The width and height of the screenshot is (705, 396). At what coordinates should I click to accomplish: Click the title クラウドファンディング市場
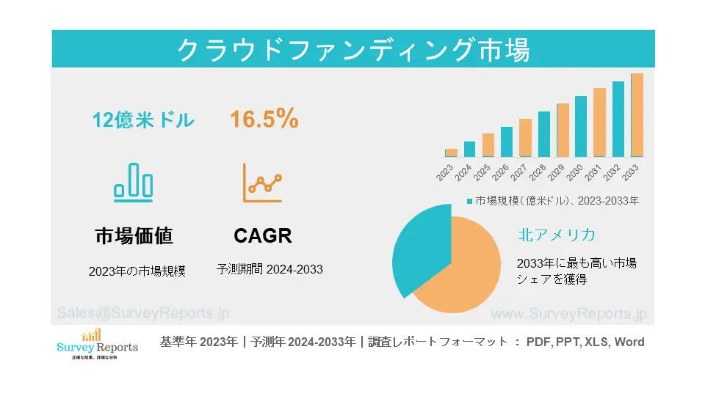coord(353,49)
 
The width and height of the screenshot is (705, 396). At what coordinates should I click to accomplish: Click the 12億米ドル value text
coord(143,120)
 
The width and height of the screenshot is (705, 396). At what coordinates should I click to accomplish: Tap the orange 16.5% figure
coord(264,119)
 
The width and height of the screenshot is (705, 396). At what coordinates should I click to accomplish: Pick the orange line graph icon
coord(262,183)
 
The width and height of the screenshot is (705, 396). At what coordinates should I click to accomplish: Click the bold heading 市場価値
coord(134,235)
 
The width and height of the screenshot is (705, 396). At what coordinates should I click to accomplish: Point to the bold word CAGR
coord(263,235)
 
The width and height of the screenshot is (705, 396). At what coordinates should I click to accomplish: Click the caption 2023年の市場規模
coord(137,271)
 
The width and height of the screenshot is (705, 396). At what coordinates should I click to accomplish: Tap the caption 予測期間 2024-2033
coord(270,269)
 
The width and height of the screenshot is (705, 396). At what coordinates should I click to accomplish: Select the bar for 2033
coord(637,115)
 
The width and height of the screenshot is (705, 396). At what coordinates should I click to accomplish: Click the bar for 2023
coord(451,153)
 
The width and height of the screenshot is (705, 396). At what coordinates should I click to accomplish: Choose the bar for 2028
coord(544,134)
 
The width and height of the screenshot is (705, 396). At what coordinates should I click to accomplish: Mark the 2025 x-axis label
coord(482,173)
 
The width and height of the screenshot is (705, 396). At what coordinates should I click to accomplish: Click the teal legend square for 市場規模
coord(470,200)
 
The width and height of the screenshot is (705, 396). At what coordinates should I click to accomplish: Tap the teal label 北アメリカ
coord(556,235)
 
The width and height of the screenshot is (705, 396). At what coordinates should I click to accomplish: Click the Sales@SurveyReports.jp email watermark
coord(142,313)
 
